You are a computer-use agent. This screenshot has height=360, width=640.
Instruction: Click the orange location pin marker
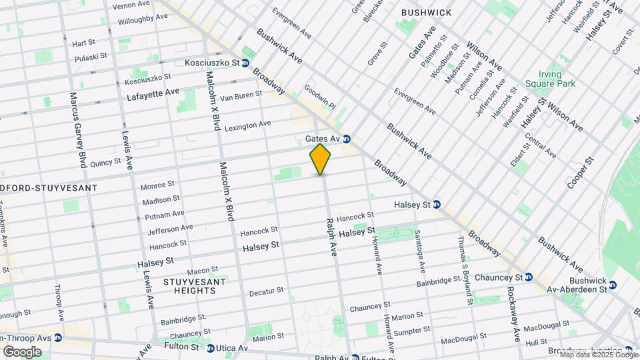pyautogui.click(x=320, y=159)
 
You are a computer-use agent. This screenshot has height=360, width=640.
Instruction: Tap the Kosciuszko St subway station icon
pyautogui.click(x=245, y=63)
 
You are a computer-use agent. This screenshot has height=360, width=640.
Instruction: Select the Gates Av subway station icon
pyautogui.click(x=347, y=139)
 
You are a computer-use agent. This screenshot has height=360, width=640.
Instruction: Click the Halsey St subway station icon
pyautogui.click(x=436, y=204)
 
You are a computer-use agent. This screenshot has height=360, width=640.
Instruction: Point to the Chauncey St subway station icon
pyautogui.click(x=528, y=277)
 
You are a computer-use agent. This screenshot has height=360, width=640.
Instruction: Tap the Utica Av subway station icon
pyautogui.click(x=211, y=348)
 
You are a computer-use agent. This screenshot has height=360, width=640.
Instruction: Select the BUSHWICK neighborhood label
pyautogui.click(x=426, y=13)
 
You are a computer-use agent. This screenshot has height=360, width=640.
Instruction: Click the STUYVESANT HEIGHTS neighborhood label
pyautogui.click(x=194, y=287)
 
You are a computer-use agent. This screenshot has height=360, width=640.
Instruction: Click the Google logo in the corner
pyautogui.click(x=21, y=351)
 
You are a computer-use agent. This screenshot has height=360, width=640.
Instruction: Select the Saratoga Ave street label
pyautogui.click(x=420, y=253)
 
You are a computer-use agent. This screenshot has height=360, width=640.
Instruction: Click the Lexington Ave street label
pyautogui.click(x=247, y=125)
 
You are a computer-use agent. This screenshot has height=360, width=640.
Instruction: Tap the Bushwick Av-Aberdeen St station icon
pyautogui.click(x=613, y=285)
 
